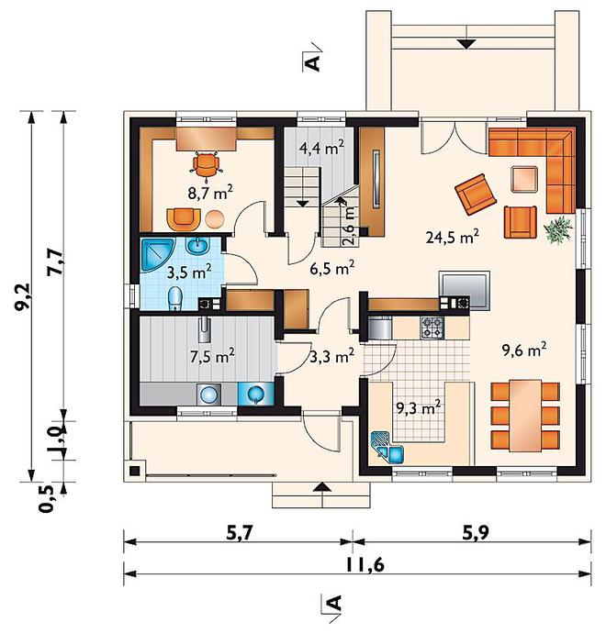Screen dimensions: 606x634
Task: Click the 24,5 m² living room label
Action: [x=453, y=237]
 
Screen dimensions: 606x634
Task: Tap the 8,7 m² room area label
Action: [x=209, y=193]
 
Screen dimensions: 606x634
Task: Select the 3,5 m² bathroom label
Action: [x=189, y=273]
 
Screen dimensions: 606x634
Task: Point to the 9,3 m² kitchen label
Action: [x=418, y=409]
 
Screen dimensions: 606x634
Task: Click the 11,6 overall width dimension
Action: [x=365, y=565]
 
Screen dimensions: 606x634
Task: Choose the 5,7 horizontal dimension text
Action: [x=239, y=534]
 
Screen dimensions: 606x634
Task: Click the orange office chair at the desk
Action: [x=207, y=165]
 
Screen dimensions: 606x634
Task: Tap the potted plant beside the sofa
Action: [x=558, y=230]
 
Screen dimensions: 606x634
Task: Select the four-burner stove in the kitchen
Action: [x=432, y=328]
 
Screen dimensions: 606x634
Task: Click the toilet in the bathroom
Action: [x=174, y=298]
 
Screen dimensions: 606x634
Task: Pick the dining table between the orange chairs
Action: [x=525, y=416]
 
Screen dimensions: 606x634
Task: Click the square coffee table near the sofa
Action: [x=524, y=179]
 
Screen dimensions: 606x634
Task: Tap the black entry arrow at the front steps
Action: [x=322, y=487]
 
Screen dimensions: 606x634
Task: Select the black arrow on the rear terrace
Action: [x=466, y=44]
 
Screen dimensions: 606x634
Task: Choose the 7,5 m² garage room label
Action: [x=211, y=356]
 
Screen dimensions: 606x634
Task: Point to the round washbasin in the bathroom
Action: [x=197, y=245]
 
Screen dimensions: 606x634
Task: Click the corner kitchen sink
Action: [x=387, y=448]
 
